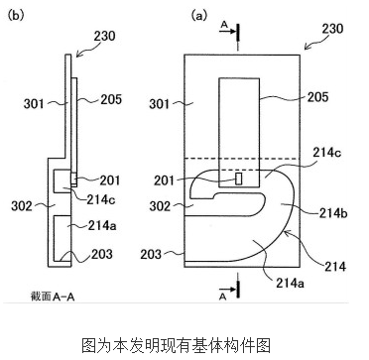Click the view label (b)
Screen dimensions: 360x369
(17, 16)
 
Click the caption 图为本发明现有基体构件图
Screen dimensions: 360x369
(184, 343)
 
